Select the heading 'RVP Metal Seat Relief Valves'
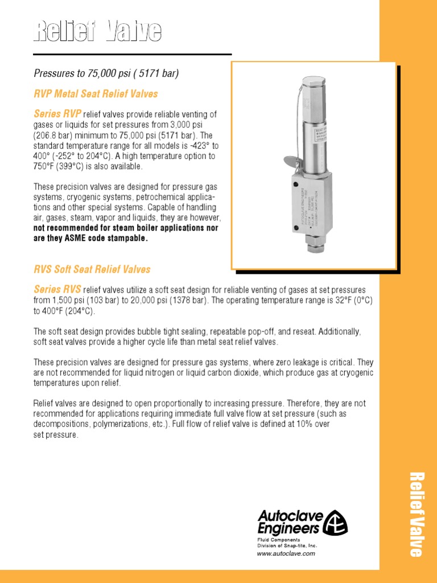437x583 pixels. point(96,93)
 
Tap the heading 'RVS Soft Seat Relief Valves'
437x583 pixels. point(92,269)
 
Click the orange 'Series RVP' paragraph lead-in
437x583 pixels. point(57,114)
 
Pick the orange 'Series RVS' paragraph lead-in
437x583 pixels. point(57,289)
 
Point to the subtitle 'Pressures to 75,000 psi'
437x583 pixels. point(106,73)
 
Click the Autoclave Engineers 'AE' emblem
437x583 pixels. point(336,522)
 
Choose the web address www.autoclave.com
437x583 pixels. point(286,553)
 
